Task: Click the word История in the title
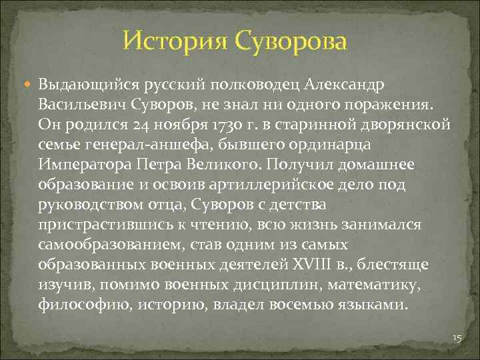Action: click(x=175, y=41)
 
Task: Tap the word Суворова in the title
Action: click(x=290, y=41)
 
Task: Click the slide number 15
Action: click(x=457, y=339)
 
